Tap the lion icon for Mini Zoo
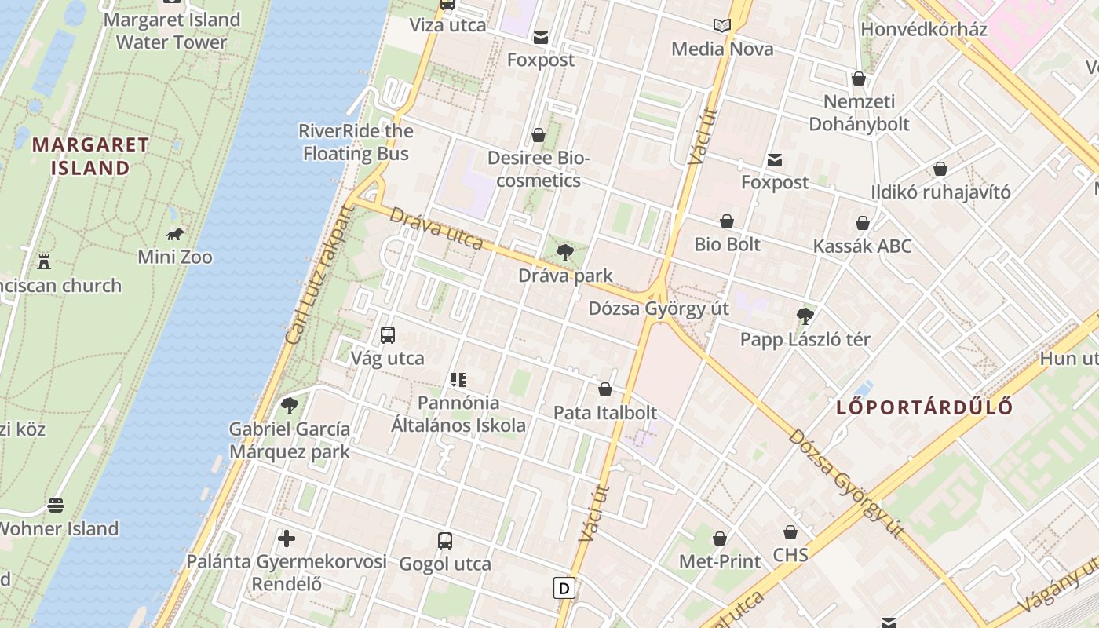coord(175,234)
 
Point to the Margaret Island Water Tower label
coord(171,31)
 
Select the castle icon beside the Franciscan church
coord(44,261)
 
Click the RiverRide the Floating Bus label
coord(356,142)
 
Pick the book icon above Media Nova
coord(722,26)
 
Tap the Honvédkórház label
coord(923,29)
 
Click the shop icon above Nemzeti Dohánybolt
coord(859,78)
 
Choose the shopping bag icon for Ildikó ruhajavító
coord(940,169)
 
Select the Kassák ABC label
coord(862,246)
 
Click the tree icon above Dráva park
coord(564,252)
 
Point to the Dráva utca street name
coord(436,228)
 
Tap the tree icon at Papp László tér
coord(805,316)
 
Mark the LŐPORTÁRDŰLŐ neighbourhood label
coord(924,407)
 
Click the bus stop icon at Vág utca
coord(387,335)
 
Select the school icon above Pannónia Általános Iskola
coord(458,380)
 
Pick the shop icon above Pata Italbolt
coord(605,389)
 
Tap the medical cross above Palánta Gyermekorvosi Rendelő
coord(287,539)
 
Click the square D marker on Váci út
coord(564,588)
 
